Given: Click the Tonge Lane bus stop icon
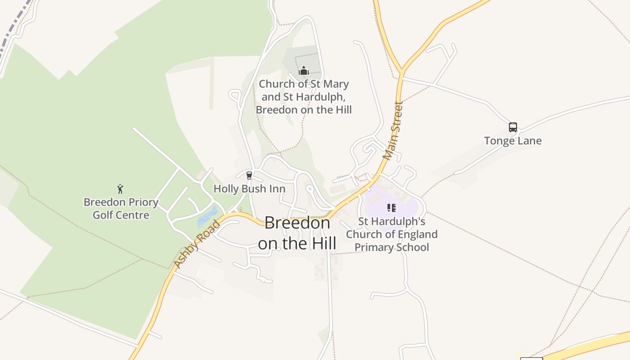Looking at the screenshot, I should click(513, 127).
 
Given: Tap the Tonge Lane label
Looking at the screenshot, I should click(513, 141).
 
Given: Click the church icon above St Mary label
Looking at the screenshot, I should click(304, 71).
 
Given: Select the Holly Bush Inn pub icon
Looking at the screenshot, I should click(249, 175).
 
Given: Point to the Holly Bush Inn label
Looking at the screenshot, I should click(249, 189).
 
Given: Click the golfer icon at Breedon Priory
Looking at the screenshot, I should click(120, 189).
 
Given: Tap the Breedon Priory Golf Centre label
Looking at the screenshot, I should click(121, 209).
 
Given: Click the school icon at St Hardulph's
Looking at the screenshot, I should click(391, 208).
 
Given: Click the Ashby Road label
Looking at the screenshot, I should click(197, 244).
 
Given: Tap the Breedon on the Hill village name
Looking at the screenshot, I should click(297, 233).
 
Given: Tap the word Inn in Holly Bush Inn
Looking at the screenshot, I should click(277, 189).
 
